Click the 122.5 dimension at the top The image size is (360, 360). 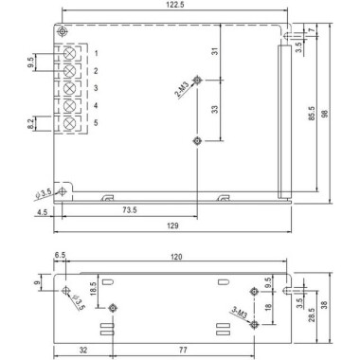(x=171, y=7)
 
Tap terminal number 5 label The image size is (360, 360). (x=96, y=123)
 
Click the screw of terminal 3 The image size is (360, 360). (x=69, y=87)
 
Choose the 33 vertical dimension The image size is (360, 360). (x=217, y=109)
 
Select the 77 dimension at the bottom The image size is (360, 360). (x=184, y=348)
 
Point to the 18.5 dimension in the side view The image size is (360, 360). (x=94, y=289)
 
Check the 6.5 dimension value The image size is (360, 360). (x=62, y=257)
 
